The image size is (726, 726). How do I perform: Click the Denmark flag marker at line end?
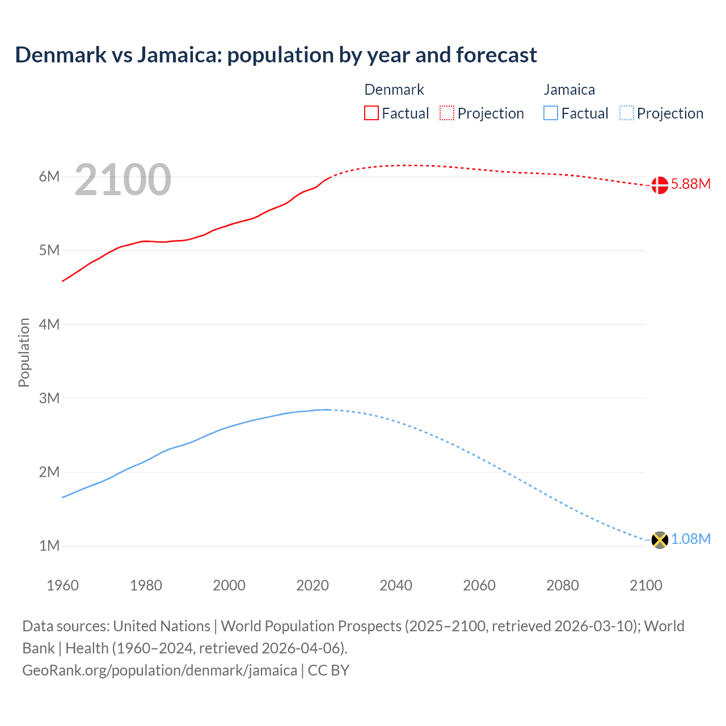click(x=660, y=185)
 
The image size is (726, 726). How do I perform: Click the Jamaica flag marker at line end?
click(x=660, y=539)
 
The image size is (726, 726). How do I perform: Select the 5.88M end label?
click(x=690, y=184)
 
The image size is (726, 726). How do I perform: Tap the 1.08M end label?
click(x=690, y=539)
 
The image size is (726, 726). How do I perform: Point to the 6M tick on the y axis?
click(x=49, y=176)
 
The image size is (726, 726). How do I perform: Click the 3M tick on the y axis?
click(x=49, y=398)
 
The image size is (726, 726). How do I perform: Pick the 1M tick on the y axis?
click(x=49, y=546)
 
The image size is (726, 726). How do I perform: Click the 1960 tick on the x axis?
click(x=62, y=585)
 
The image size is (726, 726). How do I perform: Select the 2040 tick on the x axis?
click(x=396, y=585)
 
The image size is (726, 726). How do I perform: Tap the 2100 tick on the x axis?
click(x=646, y=585)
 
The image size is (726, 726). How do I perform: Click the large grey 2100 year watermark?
click(x=123, y=180)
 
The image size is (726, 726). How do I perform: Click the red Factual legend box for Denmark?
click(x=372, y=113)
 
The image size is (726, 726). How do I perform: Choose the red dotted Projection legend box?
click(x=447, y=113)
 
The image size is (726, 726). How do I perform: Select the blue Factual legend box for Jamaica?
click(x=551, y=113)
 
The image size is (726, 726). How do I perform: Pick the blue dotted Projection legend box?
click(x=627, y=113)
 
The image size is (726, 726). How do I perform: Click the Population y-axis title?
click(x=24, y=352)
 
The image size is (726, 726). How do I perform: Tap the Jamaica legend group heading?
click(x=569, y=90)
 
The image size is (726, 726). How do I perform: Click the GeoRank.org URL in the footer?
click(x=159, y=670)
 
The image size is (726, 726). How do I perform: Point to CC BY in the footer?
click(x=328, y=670)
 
